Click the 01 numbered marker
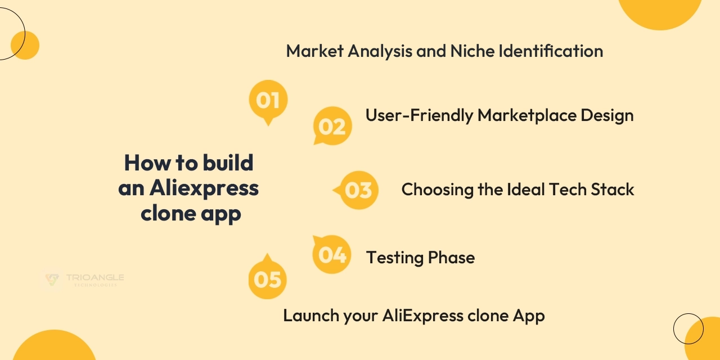click(x=268, y=101)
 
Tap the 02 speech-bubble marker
click(x=332, y=126)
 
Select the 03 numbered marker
click(x=357, y=190)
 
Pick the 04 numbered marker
click(x=332, y=254)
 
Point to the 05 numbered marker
click(x=267, y=278)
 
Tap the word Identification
click(x=551, y=51)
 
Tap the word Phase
click(x=451, y=258)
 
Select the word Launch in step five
click(x=312, y=316)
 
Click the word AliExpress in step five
click(x=423, y=316)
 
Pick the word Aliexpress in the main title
click(x=204, y=188)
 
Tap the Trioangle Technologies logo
click(x=82, y=280)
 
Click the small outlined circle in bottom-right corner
click(x=688, y=329)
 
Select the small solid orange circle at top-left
click(x=25, y=46)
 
